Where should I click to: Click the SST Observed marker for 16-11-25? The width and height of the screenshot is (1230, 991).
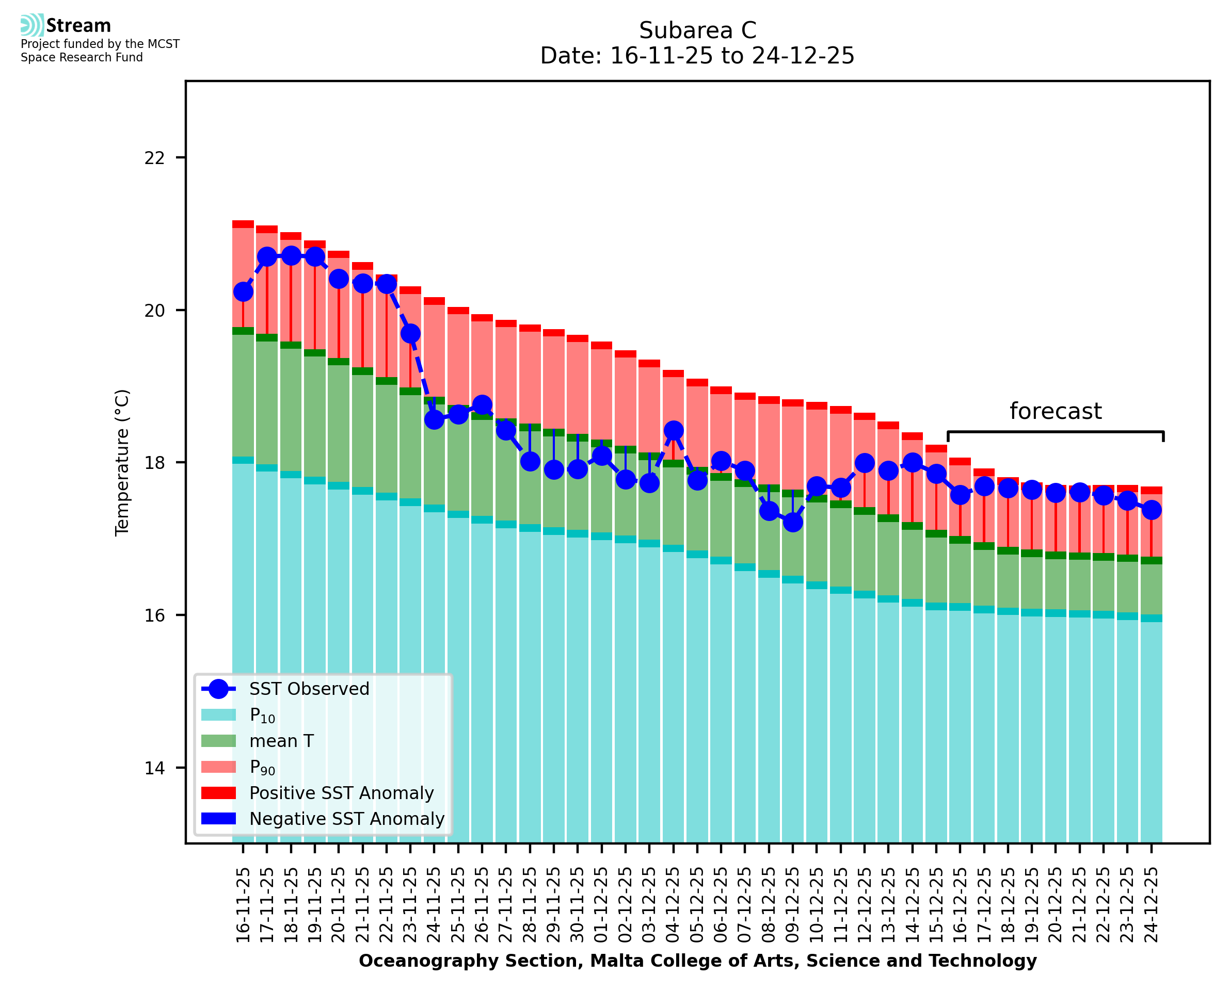243,291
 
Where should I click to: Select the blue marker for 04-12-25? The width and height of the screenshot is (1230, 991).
673,430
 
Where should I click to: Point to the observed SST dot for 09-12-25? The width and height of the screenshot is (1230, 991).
793,522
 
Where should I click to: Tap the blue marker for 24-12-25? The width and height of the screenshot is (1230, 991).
1151,510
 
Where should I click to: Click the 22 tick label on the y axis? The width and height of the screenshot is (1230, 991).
154,157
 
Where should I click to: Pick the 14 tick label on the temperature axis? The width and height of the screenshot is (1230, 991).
154,768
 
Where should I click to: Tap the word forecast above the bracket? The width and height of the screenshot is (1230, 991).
1055,412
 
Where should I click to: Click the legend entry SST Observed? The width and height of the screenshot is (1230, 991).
309,689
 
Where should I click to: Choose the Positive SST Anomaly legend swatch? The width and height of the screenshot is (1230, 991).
219,793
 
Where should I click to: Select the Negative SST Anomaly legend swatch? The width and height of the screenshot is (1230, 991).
219,819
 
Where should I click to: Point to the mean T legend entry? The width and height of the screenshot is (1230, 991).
281,741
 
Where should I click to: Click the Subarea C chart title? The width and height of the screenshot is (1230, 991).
697,30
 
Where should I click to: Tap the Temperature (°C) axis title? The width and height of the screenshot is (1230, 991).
122,462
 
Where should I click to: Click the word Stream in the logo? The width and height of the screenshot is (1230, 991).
78,26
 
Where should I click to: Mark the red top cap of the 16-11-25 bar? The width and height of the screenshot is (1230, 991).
243,224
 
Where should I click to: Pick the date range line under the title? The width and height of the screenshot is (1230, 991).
697,56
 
